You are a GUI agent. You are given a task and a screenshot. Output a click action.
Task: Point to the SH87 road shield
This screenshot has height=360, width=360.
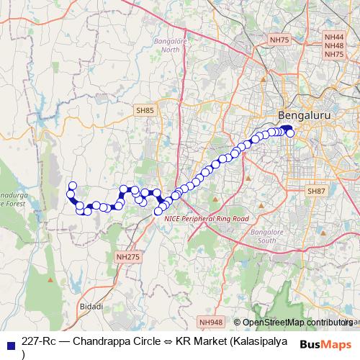click(x=316, y=191)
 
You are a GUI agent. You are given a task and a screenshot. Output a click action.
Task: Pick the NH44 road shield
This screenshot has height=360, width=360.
click(x=334, y=36)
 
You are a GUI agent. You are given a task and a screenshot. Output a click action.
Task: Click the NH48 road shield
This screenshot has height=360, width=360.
click(x=334, y=45)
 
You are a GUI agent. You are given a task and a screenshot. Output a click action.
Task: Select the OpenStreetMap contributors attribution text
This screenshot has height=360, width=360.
click(x=295, y=322)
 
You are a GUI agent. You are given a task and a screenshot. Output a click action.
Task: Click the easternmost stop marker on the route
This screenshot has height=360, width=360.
click(x=290, y=132)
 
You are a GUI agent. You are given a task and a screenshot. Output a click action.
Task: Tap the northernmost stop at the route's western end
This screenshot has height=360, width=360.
click(x=72, y=186)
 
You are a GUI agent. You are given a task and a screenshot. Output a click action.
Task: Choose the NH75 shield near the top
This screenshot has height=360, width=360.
click(x=277, y=41)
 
